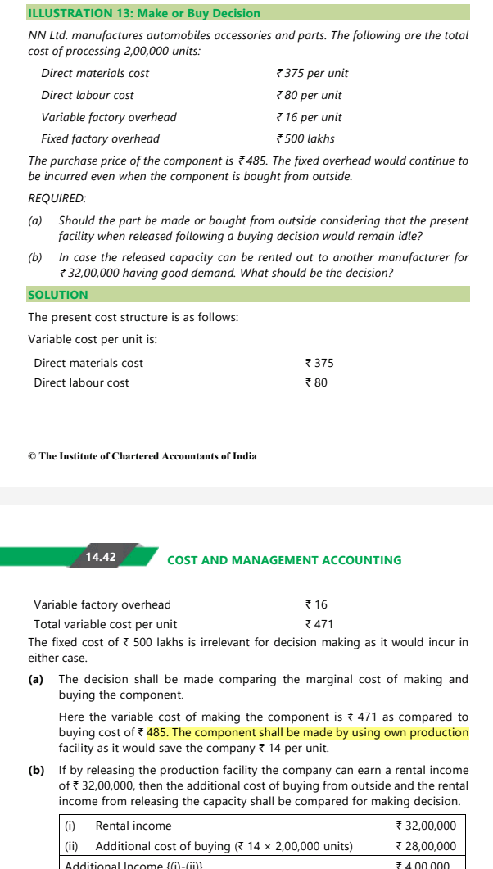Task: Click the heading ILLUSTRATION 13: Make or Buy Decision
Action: (x=144, y=13)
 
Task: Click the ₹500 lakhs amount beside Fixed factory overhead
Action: (x=305, y=138)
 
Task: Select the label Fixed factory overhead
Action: (x=101, y=138)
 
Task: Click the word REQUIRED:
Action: (x=57, y=199)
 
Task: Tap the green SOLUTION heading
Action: (x=58, y=295)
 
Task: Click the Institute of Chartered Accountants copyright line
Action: (x=142, y=456)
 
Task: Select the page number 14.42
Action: (x=101, y=557)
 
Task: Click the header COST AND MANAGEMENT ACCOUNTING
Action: (x=284, y=560)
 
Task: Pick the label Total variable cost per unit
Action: (x=105, y=624)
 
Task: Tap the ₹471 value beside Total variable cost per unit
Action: (x=316, y=624)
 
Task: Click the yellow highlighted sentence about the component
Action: (x=307, y=732)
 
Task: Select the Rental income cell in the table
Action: (x=133, y=826)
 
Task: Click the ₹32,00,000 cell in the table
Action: (x=425, y=826)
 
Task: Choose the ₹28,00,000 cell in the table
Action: (x=425, y=846)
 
